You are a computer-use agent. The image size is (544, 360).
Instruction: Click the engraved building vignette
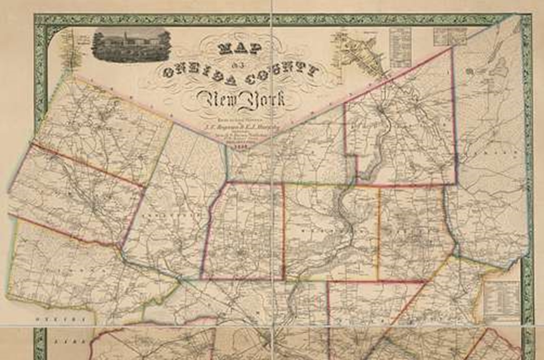tap(131, 45)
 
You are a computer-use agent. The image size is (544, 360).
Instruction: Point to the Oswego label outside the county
tap(65, 320)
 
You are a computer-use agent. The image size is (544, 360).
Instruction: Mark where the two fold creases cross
tap(272, 324)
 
